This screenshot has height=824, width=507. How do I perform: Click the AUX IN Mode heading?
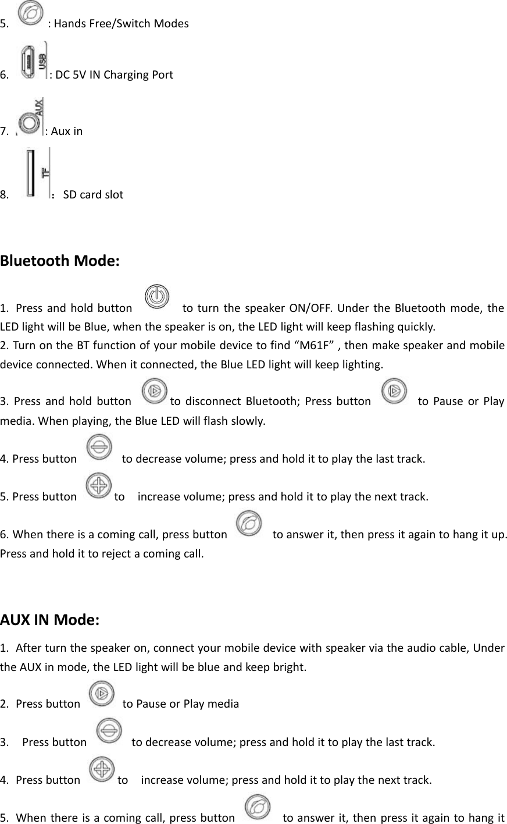51,619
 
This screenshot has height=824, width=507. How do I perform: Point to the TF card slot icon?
33,174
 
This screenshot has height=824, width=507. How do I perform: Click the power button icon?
156,297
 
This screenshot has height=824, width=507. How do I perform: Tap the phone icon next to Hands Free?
31,14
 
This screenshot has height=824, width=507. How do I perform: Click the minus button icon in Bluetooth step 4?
99,449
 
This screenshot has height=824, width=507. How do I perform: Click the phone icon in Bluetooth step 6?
249,524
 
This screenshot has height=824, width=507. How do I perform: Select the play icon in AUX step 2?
102,693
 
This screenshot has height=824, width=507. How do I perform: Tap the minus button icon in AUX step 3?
109,731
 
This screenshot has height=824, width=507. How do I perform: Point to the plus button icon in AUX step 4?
103,769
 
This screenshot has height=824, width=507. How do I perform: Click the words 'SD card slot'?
93,194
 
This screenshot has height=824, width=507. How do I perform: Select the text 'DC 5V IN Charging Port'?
113,74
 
